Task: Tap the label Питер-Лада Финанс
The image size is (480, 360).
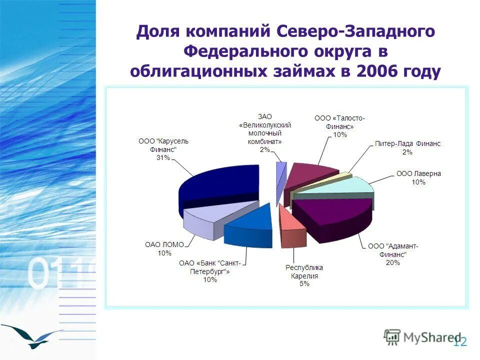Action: pos(407,144)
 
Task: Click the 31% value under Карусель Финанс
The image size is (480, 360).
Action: pos(163,158)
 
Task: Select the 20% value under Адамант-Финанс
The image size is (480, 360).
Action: pos(392,262)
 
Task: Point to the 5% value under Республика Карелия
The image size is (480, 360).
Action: pos(304,284)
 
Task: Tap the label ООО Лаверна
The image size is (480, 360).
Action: pos(418,174)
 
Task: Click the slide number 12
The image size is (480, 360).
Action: pos(460,342)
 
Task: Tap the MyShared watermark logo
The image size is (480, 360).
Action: pos(422,337)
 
